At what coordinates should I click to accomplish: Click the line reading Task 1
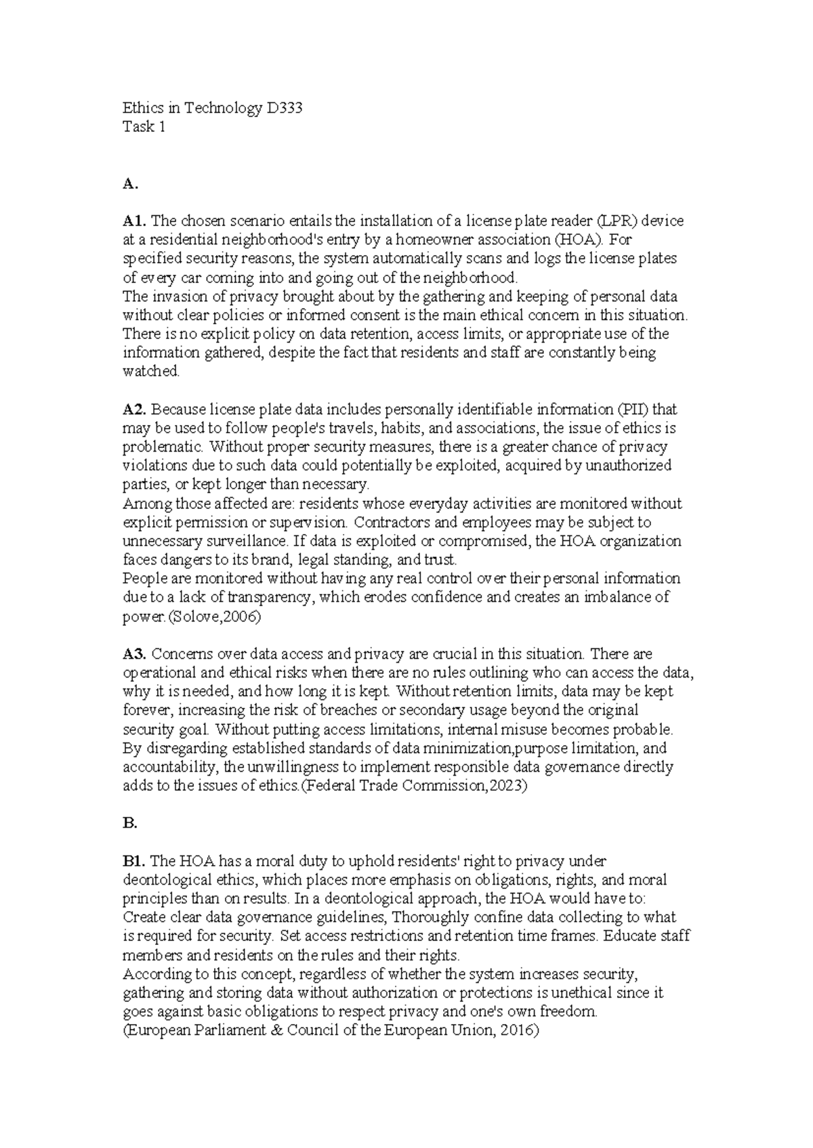click(x=144, y=127)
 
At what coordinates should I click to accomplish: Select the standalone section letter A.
click(x=129, y=183)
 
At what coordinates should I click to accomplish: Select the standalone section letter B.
click(x=129, y=823)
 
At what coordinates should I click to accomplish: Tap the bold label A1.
click(x=135, y=221)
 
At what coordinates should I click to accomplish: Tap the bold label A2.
click(x=135, y=410)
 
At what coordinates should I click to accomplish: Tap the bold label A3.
click(x=135, y=654)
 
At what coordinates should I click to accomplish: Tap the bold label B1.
click(x=134, y=861)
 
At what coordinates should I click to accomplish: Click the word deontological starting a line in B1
click(x=165, y=880)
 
